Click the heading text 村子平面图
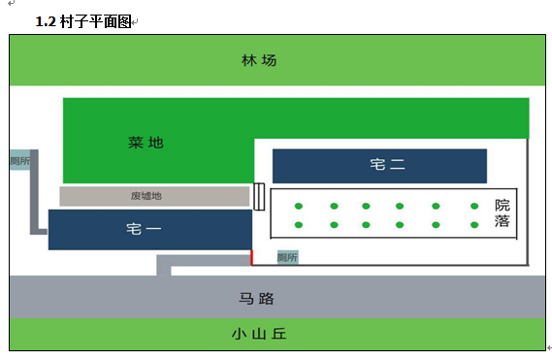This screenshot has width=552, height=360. [96, 21]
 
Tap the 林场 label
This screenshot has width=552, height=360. [259, 60]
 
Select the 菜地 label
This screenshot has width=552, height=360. [146, 143]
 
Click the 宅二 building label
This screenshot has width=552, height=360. [387, 165]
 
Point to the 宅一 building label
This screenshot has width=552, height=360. [144, 229]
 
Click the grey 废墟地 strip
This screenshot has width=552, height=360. [154, 196]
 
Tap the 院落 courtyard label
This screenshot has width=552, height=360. [502, 213]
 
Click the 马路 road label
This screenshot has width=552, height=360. [256, 299]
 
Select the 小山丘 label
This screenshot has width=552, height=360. [259, 334]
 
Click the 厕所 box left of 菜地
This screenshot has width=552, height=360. [19, 161]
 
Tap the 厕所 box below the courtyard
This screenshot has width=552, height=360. [287, 257]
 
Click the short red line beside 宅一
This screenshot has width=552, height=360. [251, 257]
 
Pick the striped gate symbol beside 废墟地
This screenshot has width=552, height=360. [259, 197]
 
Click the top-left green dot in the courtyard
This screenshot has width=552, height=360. [299, 206]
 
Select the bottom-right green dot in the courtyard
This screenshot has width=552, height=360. [474, 225]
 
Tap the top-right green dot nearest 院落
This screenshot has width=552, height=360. [474, 206]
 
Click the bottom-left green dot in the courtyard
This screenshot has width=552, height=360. [299, 225]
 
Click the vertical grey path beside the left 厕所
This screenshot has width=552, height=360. [34, 192]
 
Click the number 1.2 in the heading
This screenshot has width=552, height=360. [46, 21]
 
